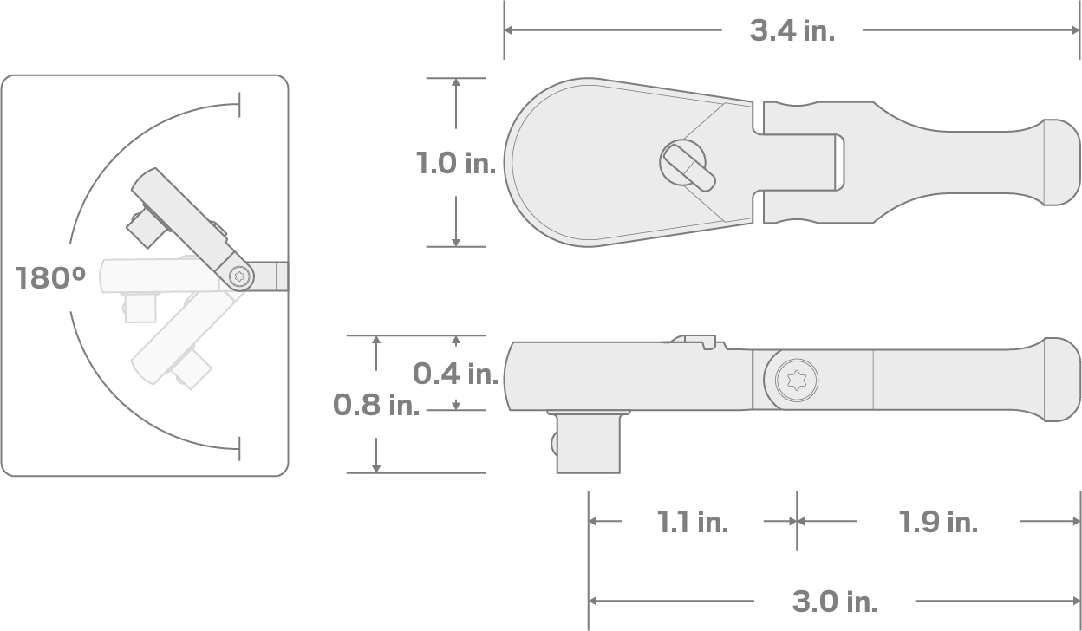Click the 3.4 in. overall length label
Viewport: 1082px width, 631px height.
pyautogui.click(x=792, y=30)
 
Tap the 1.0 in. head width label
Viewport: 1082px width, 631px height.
pyautogui.click(x=454, y=163)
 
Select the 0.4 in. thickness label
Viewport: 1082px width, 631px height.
pyautogui.click(x=454, y=374)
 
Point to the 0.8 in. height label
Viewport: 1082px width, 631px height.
pyautogui.click(x=375, y=404)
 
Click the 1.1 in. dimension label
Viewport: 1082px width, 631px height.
pyautogui.click(x=692, y=522)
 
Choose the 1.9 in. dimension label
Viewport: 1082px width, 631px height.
pyautogui.click(x=937, y=522)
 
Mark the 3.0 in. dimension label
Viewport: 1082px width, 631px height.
pyautogui.click(x=834, y=601)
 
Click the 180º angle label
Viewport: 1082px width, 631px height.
pyautogui.click(x=50, y=278)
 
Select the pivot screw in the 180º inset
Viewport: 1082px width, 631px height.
pyautogui.click(x=240, y=276)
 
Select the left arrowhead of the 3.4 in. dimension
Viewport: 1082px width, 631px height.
pyautogui.click(x=510, y=30)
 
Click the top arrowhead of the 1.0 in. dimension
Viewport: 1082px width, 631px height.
pyautogui.click(x=455, y=83)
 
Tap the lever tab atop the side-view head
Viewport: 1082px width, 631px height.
pyautogui.click(x=699, y=342)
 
